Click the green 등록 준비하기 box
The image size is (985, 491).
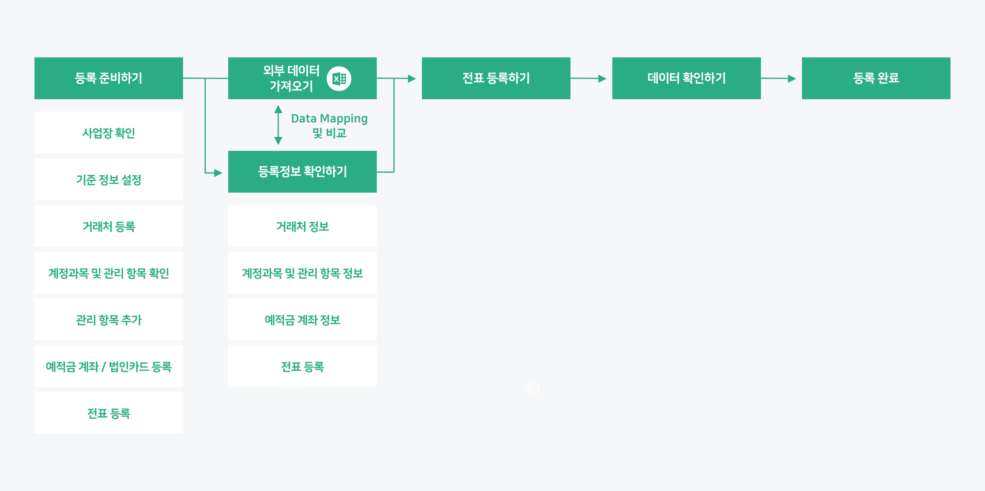point(108,78)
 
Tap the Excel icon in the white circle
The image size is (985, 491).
point(339,78)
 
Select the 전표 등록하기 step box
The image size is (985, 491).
point(496,78)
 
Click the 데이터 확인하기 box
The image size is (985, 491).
point(686,78)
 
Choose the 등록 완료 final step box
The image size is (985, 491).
point(876,78)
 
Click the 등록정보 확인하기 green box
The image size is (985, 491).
point(302,171)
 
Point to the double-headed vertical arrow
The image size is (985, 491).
point(278,125)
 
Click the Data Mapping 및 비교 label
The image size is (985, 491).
point(329,125)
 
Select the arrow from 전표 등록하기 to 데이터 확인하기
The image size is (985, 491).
point(589,78)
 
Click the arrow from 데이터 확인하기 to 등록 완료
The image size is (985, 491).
point(779,78)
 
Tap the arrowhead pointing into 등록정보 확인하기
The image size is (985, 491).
point(218,173)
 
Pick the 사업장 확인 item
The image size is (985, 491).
point(108,133)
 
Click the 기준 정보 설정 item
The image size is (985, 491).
point(108,180)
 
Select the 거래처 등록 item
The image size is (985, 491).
point(108,226)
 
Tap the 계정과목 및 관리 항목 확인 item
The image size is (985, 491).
point(108,273)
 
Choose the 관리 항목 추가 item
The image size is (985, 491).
point(108,320)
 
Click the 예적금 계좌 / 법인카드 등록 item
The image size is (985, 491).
point(108,366)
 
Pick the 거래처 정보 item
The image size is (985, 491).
point(302,226)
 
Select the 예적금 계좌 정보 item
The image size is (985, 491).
point(302,320)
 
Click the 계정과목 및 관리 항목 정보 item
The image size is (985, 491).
point(302,273)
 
